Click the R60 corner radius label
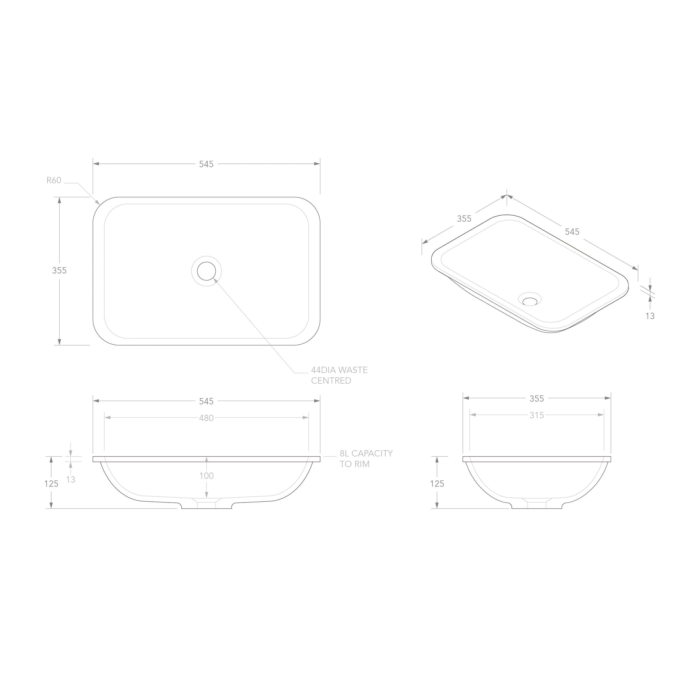click(54, 180)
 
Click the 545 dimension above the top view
click(206, 164)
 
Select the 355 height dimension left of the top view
click(59, 270)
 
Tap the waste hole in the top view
click(206, 271)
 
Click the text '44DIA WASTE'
click(339, 370)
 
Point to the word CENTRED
click(331, 381)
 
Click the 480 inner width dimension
click(206, 418)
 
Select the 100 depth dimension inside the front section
click(206, 476)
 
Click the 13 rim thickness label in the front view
click(71, 479)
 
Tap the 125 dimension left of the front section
click(51, 484)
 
